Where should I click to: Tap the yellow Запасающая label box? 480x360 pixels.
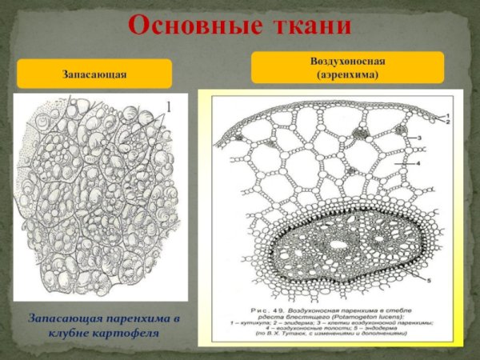point(95,74)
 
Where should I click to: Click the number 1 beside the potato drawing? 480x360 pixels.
point(170,106)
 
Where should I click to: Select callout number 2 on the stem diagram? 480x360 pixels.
point(448,122)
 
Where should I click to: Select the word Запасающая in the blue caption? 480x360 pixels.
point(63,318)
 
